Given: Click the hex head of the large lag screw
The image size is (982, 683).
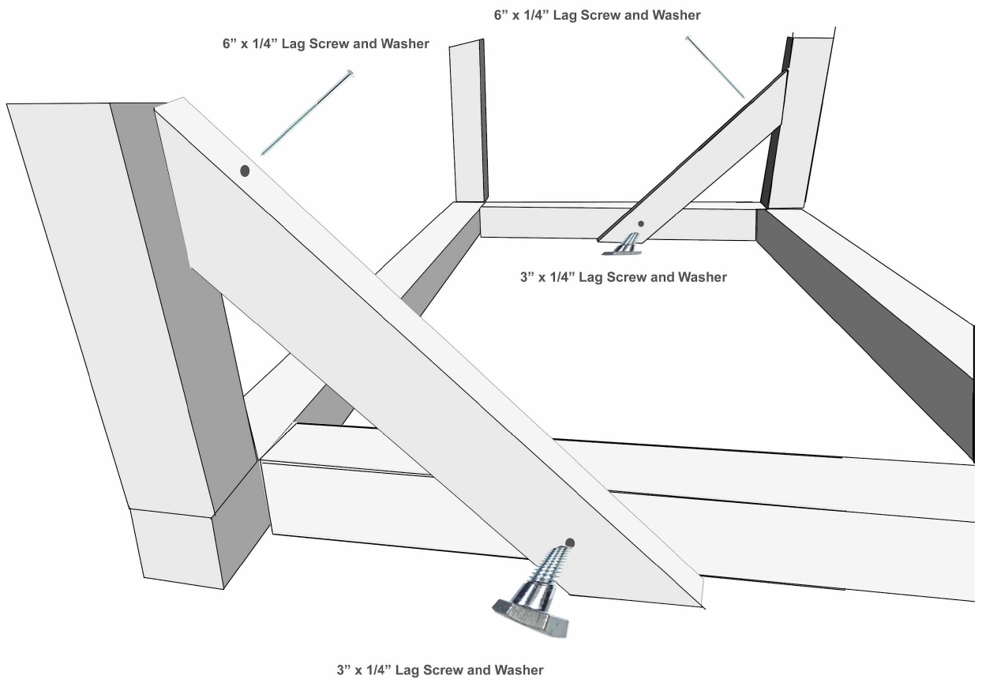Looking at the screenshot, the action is pos(530,617).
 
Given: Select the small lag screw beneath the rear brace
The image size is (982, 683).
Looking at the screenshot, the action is pos(623,245).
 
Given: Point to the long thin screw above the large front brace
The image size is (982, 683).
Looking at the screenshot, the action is pos(308,112).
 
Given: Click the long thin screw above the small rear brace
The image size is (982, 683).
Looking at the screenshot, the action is pos(715,66).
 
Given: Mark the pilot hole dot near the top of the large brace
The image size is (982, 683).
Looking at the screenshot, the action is pos(245,171).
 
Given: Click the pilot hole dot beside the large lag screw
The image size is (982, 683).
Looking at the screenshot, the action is pos(570,543).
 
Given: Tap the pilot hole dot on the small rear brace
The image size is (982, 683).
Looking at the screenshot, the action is pos(641,224).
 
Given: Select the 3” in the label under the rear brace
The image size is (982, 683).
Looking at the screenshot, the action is pos(527,277).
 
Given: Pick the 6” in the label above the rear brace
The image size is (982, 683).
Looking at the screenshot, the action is pos(501,15).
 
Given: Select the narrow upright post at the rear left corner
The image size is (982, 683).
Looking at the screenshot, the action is pos(469,122).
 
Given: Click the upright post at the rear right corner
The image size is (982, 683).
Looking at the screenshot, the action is pos(799,121).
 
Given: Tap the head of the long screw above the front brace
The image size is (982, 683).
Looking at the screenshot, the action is pos(350,73).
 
